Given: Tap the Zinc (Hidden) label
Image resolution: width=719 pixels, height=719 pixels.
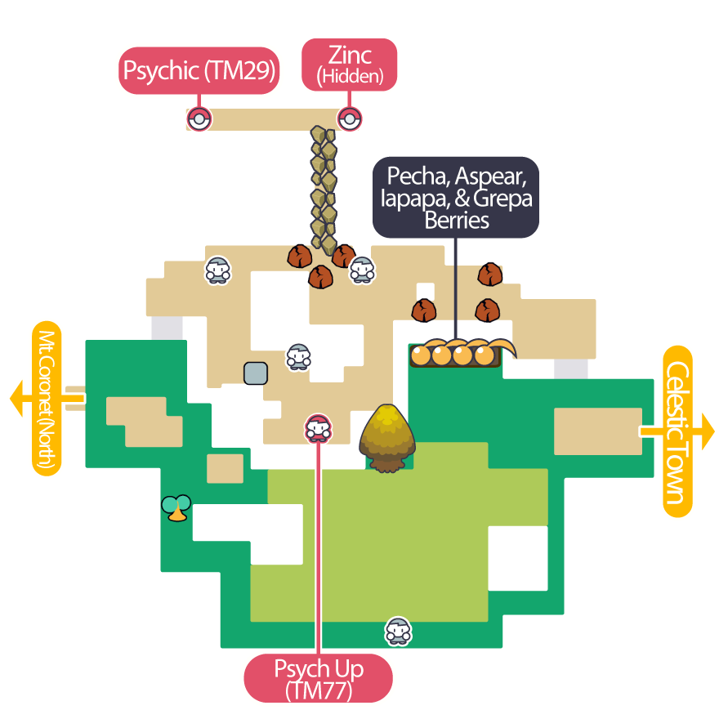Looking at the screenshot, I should point(350,65).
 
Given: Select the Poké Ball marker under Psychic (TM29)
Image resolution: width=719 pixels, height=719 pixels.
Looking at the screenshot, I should point(199,119).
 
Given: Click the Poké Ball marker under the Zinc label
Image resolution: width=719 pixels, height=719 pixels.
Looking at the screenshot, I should point(350,119).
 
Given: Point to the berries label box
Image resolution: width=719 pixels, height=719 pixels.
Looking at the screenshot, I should point(457,198).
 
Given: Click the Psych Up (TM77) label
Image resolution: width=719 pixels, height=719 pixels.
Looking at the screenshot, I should point(319,678).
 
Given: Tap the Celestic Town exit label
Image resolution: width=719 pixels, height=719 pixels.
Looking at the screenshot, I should point(677,431).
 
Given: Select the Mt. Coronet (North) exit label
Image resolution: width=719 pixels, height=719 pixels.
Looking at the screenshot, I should point(47,398).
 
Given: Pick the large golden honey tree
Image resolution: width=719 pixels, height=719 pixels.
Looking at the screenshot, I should point(386,438).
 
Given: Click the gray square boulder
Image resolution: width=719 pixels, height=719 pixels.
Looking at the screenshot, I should point(256,373).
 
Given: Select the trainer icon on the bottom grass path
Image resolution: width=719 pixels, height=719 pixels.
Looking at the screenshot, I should point(398,631).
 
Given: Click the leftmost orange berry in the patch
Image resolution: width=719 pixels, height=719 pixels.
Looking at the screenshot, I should point(421,355).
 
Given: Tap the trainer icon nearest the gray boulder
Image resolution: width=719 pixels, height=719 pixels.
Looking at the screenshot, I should point(298,356).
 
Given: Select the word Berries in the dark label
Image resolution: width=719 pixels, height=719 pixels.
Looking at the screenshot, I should point(457,221).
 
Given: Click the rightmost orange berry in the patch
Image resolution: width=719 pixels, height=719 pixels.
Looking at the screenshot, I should point(485,355).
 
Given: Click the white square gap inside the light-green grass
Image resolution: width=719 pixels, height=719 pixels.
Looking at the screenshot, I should point(517,558).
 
